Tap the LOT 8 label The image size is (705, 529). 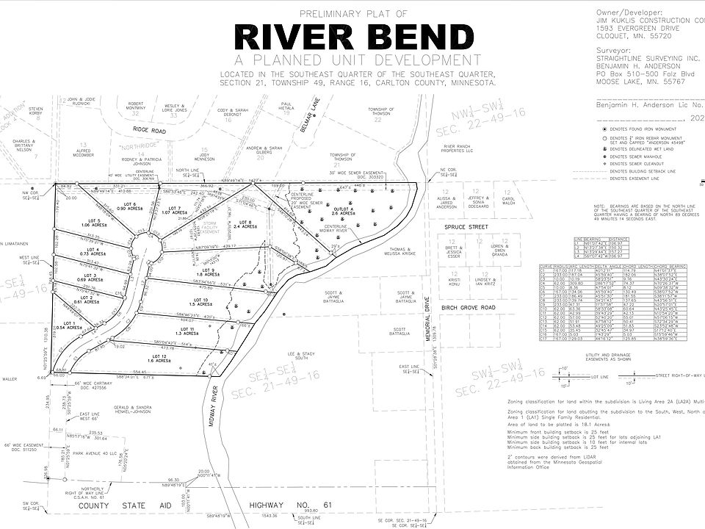tap(245, 223)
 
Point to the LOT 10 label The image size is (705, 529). tap(201, 301)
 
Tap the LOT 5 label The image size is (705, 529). tap(93, 220)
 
